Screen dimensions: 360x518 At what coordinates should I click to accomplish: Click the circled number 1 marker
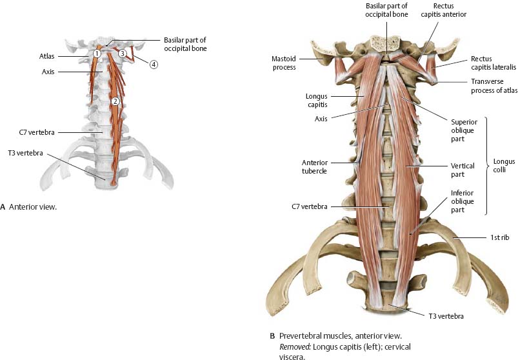pos(95,53)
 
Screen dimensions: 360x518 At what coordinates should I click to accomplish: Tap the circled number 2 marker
pos(114,101)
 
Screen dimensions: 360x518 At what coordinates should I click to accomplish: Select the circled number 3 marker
pos(122,54)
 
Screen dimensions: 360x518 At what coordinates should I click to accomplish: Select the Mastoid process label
pos(284,62)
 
